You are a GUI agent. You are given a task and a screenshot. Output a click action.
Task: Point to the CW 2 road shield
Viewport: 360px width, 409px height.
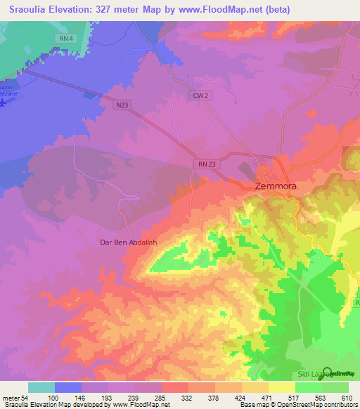200,95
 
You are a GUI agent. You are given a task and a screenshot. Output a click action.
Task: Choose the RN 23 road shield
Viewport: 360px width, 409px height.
203,163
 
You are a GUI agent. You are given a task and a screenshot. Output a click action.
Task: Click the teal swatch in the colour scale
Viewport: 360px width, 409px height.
41,387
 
